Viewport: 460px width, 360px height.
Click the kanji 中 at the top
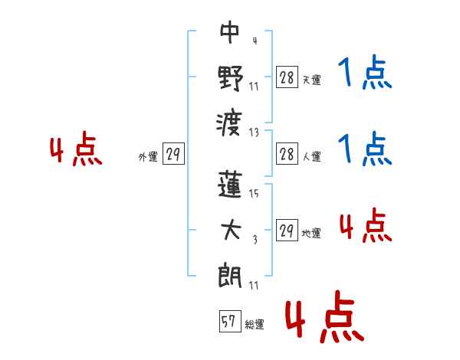(x=230, y=32)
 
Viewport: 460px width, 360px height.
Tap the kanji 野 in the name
(x=231, y=78)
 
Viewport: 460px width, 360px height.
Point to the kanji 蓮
(x=230, y=185)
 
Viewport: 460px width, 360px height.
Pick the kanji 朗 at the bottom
(x=230, y=275)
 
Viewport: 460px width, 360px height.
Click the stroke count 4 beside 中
(x=255, y=41)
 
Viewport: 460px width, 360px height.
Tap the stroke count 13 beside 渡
(x=254, y=133)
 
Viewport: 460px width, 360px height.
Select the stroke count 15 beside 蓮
(x=254, y=193)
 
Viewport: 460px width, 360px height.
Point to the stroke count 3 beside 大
(x=255, y=240)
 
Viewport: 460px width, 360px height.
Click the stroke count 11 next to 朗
(x=254, y=285)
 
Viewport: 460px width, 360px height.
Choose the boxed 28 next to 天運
(x=287, y=77)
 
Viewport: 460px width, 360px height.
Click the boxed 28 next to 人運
(x=287, y=154)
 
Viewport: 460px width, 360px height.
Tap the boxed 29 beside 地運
(x=287, y=230)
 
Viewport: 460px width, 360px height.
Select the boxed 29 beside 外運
(x=173, y=154)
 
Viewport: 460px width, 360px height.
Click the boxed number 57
(x=230, y=321)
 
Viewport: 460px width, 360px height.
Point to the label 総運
(x=255, y=324)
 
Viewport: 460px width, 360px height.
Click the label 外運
(x=148, y=157)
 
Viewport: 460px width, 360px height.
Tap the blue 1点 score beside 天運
(x=365, y=72)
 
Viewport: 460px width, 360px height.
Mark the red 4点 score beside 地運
(x=366, y=226)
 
